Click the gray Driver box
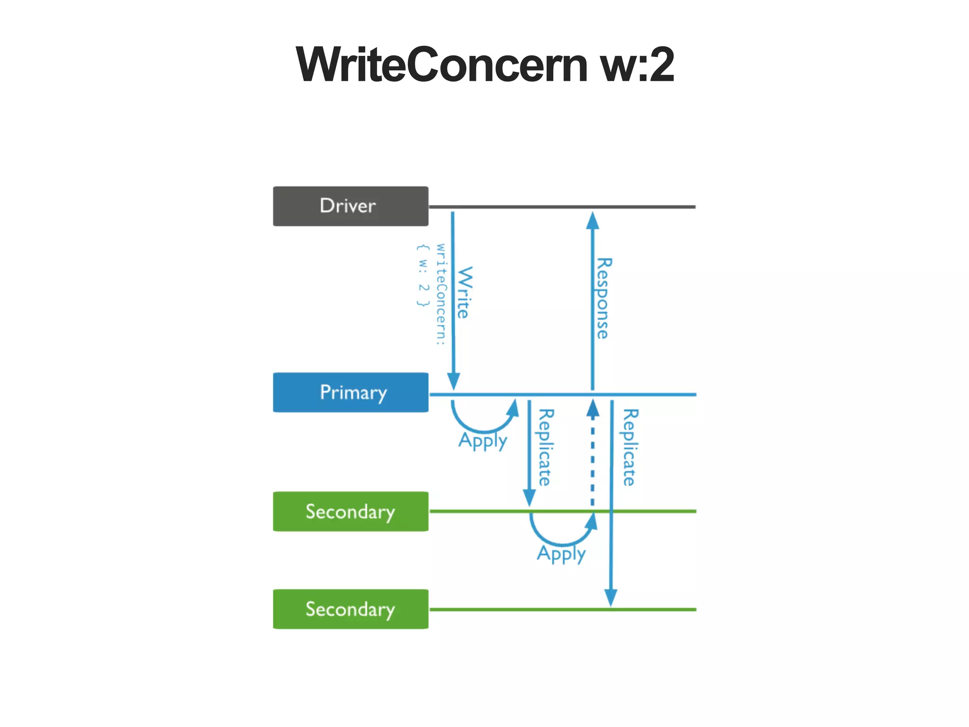pos(350,206)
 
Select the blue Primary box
pos(350,392)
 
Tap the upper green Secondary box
pos(350,511)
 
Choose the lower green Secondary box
pos(350,609)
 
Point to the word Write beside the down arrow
pos(464,292)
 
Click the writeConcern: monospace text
pos(440,294)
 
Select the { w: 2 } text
pos(423,275)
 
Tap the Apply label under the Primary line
pos(483,441)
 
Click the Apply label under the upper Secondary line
pos(561,553)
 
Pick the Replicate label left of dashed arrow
pos(545,447)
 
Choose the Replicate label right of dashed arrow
pos(629,447)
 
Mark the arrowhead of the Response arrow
pos(592,220)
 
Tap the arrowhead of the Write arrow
pos(453,381)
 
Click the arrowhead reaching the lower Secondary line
pos(611,597)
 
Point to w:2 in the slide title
pos(637,65)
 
